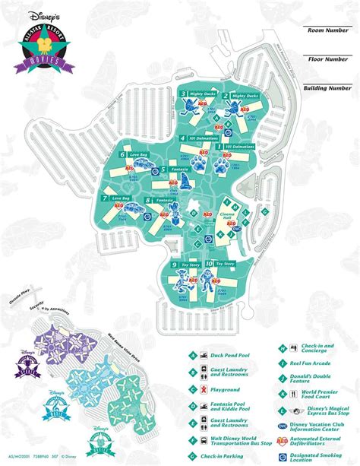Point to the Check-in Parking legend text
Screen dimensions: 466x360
point(229,455)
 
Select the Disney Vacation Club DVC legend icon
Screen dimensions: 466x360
point(282,426)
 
